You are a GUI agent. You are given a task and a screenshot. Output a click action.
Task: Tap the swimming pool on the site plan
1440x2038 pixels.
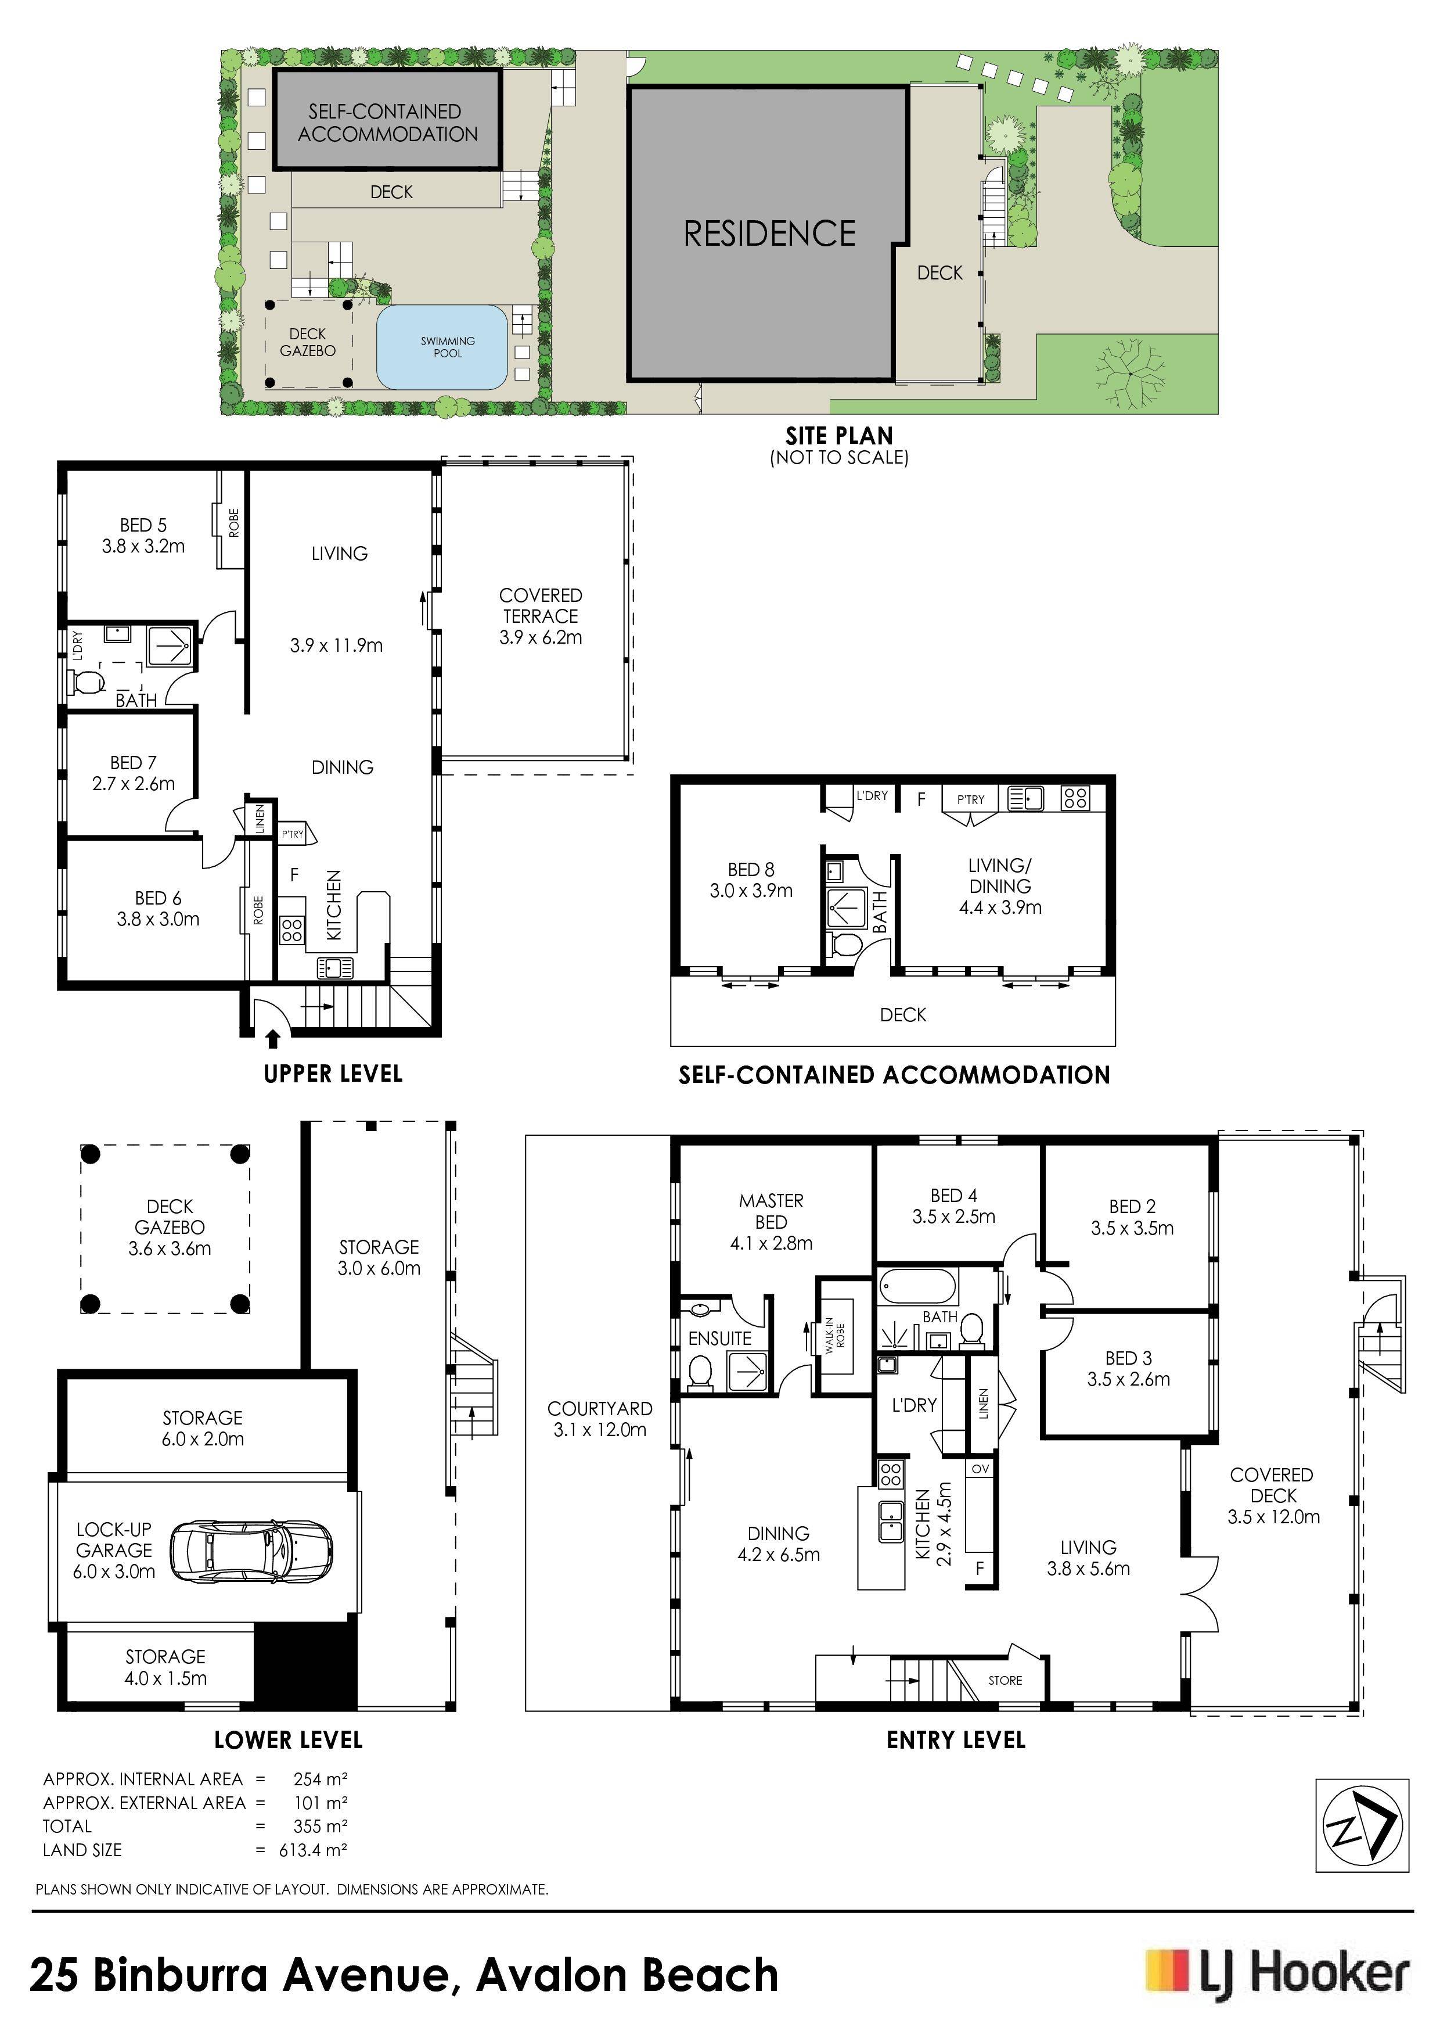click(442, 347)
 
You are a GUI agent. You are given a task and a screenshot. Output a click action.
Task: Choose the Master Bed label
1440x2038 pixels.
click(771, 1211)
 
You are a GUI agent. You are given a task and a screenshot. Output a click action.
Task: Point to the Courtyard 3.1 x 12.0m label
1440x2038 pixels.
click(600, 1419)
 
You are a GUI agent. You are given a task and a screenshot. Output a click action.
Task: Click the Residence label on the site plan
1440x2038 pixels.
click(769, 234)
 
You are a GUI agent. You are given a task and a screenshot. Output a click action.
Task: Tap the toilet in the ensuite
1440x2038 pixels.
click(700, 1372)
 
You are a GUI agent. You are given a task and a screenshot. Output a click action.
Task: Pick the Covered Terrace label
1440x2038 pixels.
click(541, 616)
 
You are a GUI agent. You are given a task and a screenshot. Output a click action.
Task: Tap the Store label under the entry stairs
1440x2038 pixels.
click(1005, 1680)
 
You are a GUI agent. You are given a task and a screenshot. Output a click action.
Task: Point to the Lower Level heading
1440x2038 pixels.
click(289, 1740)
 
